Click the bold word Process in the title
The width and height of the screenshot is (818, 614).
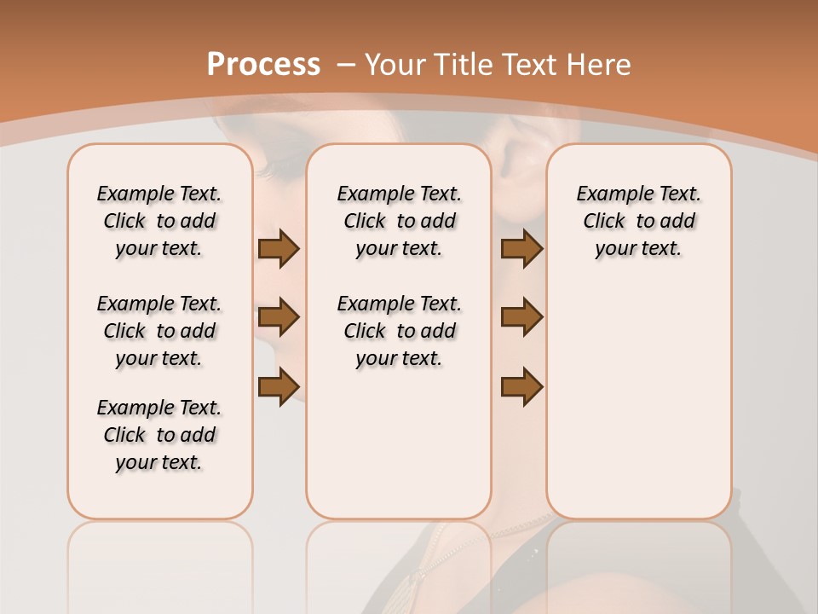click(x=263, y=64)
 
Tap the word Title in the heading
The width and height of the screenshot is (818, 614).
click(x=465, y=64)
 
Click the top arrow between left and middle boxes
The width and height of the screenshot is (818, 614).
click(x=279, y=249)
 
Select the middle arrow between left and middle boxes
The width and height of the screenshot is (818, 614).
click(x=279, y=317)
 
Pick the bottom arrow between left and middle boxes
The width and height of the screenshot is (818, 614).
click(x=279, y=386)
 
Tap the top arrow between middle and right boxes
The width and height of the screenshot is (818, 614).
click(x=521, y=249)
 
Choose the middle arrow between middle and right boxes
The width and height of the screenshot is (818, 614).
click(x=521, y=317)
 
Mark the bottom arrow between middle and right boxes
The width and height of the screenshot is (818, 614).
click(x=521, y=386)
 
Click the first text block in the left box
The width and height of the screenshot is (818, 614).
click(x=159, y=221)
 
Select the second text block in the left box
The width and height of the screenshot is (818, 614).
click(x=159, y=331)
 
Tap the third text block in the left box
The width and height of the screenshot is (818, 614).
click(x=159, y=435)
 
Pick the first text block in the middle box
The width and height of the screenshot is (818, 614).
click(x=399, y=221)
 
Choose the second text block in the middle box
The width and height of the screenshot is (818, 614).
click(x=399, y=331)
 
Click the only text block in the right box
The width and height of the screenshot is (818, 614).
click(x=639, y=221)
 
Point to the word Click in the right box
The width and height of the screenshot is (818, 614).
click(x=604, y=221)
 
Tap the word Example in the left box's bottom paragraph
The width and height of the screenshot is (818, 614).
click(x=129, y=408)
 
